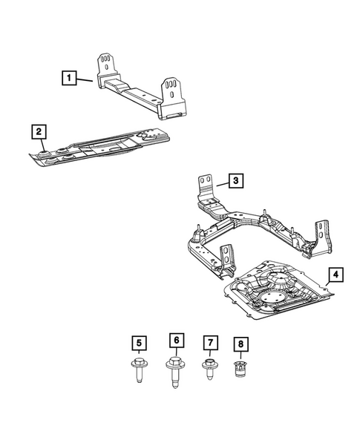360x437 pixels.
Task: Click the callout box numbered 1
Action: [x=68, y=76]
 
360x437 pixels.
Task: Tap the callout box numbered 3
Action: [x=234, y=180]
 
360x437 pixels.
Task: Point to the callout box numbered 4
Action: [x=336, y=276]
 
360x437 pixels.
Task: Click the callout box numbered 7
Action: [x=211, y=343]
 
